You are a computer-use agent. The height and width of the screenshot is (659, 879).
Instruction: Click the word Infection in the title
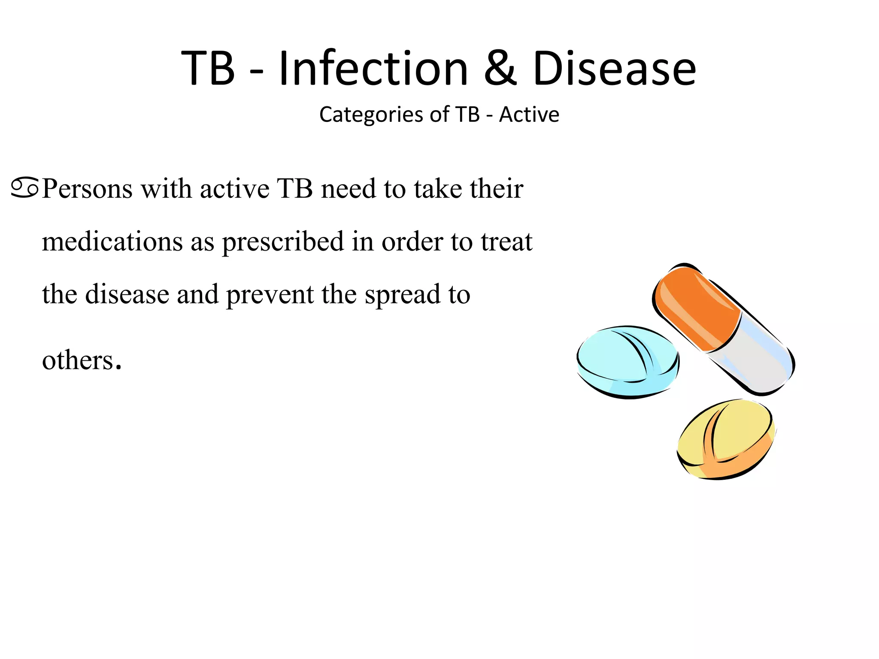[373, 69]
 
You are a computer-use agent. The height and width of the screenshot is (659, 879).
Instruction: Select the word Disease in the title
[614, 69]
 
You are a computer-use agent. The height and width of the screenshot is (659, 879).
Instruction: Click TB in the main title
[208, 69]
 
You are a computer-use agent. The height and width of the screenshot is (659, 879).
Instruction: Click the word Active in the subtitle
[529, 115]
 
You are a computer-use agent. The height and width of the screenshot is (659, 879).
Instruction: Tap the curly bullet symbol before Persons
[25, 188]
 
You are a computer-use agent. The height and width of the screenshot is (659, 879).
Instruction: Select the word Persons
[88, 189]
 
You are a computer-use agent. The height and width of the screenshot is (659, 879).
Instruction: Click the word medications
[112, 242]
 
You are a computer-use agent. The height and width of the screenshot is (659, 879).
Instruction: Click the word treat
[506, 242]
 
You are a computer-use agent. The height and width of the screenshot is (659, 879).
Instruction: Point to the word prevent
[270, 295]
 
